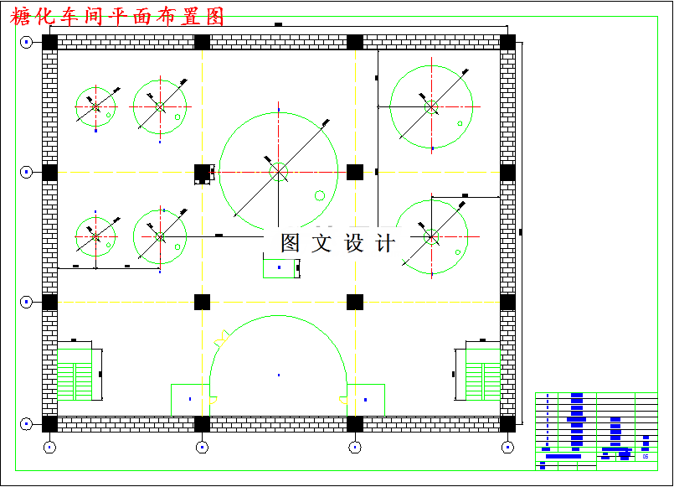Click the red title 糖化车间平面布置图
[x=118, y=17]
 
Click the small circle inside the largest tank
[x=319, y=196]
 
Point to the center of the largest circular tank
[x=278, y=172]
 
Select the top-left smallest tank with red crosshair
[x=95, y=106]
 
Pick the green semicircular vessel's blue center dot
[x=278, y=375]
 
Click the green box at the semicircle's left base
[x=190, y=400]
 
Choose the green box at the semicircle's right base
[x=366, y=400]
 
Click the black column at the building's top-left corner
[x=49, y=42]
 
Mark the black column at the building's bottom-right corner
[x=507, y=423]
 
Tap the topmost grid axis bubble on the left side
[x=27, y=42]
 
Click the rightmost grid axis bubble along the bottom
[x=507, y=447]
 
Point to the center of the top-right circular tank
[x=431, y=106]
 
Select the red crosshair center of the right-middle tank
[x=431, y=236]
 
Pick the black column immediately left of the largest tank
[x=202, y=172]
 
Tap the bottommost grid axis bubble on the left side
[x=27, y=424]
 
